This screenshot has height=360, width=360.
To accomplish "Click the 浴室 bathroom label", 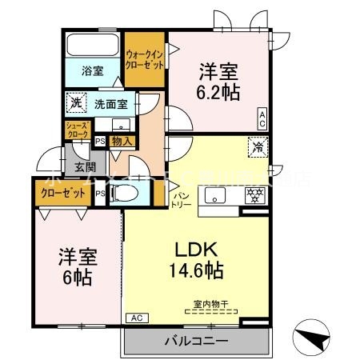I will (x=93, y=71).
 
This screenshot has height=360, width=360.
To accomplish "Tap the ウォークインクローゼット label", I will (x=144, y=61).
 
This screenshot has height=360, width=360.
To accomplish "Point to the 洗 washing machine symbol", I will (x=74, y=102).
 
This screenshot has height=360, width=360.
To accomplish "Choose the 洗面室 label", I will (x=110, y=103).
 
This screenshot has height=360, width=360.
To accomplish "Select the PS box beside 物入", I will (x=100, y=142).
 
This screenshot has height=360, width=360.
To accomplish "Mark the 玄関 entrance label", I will (x=86, y=167).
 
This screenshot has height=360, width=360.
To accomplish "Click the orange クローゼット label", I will (x=62, y=193).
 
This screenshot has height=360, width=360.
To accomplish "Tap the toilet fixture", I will (x=121, y=194).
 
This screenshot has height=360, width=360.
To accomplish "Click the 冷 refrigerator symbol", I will (x=258, y=146).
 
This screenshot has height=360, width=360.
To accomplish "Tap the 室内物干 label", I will (x=209, y=303).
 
